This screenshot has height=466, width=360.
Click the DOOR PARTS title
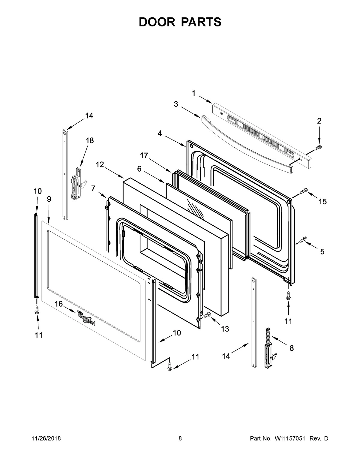(180, 22)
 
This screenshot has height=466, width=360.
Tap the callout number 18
(89, 140)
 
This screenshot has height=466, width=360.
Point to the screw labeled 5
(303, 239)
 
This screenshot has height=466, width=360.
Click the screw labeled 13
(207, 315)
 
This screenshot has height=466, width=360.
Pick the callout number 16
(58, 304)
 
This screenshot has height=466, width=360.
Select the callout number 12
(100, 164)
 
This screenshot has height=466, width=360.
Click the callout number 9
(49, 199)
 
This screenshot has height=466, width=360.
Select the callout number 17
(144, 155)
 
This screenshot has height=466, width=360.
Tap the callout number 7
(93, 188)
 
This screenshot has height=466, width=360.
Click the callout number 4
(160, 134)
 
